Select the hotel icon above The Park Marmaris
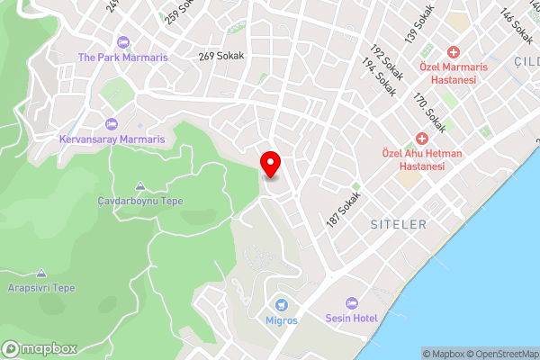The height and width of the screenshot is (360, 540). (122, 41)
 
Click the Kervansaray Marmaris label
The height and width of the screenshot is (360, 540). (112, 139)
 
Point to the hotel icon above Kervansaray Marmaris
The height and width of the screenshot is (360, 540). (112, 124)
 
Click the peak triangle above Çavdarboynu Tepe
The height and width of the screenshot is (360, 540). (139, 186)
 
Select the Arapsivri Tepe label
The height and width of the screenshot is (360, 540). (42, 288)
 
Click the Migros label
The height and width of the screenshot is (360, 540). (281, 320)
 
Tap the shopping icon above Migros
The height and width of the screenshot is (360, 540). (281, 305)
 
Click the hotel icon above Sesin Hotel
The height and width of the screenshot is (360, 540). (352, 305)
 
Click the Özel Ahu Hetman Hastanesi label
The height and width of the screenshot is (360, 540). (416, 159)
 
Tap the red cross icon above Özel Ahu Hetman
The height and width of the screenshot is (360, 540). (421, 139)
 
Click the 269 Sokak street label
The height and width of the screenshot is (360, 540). (222, 56)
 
